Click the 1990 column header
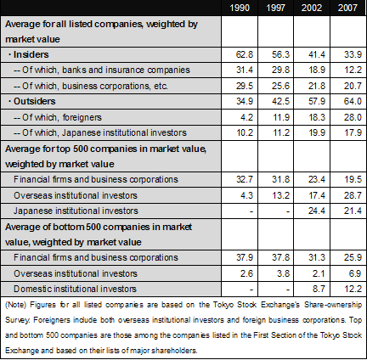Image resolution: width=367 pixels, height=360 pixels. [x=240, y=8]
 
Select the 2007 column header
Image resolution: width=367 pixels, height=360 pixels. [x=347, y=8]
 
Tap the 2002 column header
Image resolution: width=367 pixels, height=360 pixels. [x=312, y=8]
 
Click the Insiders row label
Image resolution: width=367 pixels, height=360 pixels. [x=31, y=54]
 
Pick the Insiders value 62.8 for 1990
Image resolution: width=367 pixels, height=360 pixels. [x=245, y=54]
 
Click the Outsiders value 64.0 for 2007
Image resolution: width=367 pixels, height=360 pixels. [x=353, y=101]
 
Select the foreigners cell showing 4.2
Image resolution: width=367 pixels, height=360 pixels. [x=246, y=117]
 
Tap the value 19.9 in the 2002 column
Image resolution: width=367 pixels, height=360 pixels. [x=317, y=132]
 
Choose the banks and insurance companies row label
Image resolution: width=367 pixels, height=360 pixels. [x=102, y=70]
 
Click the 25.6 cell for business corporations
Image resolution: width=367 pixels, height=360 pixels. [x=280, y=86]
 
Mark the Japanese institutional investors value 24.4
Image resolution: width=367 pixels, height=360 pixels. [x=317, y=211]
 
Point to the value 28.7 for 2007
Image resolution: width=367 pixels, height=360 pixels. [x=353, y=195]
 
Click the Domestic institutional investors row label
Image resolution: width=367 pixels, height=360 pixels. [x=75, y=289]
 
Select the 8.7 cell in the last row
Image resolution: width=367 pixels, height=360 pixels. [x=319, y=289]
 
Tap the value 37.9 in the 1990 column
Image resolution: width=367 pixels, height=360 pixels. [x=245, y=257]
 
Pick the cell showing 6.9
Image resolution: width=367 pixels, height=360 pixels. [x=355, y=273]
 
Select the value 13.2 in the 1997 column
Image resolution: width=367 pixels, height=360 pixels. [x=280, y=195]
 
